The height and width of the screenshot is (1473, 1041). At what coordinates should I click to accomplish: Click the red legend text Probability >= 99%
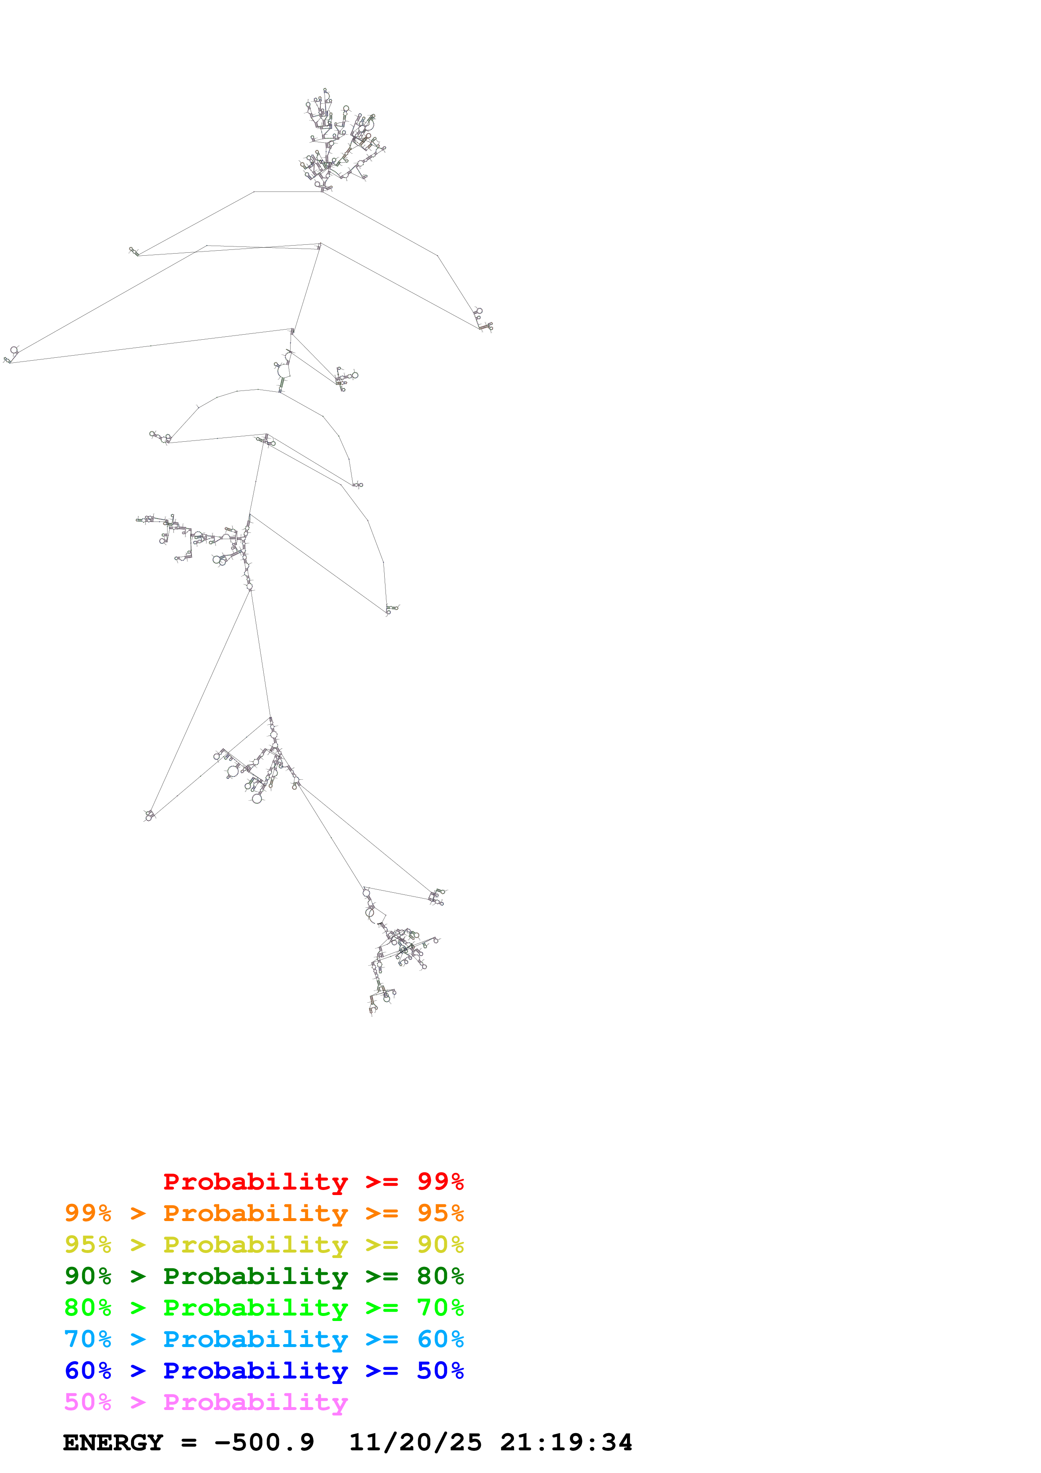tap(313, 1182)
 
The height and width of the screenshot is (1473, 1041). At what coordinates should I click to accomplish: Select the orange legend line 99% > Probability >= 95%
tap(264, 1213)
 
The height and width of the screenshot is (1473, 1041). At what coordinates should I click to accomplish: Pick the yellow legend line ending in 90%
tap(264, 1245)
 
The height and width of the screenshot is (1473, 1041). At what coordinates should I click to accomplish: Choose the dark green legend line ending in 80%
tap(264, 1276)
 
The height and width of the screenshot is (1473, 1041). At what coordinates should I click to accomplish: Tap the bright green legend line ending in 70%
tap(264, 1308)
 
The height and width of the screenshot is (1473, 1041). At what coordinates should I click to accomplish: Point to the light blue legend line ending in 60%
tap(264, 1339)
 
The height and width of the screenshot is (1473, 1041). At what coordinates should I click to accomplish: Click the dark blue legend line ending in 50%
tap(264, 1371)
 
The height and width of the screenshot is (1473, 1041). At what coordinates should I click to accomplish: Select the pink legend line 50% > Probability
tap(206, 1402)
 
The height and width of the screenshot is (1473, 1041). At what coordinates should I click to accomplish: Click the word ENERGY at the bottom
tap(113, 1442)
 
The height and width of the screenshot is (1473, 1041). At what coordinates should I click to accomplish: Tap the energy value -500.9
tap(264, 1442)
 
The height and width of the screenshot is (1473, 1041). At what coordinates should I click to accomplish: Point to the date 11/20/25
tap(415, 1442)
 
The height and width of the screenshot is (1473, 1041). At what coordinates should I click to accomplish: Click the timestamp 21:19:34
tap(566, 1442)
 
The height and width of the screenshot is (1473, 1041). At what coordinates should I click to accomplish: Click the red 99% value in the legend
tap(440, 1182)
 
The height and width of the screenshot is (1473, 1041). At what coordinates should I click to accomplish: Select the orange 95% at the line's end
tap(440, 1213)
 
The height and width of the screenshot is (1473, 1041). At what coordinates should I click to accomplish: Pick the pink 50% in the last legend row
tap(88, 1402)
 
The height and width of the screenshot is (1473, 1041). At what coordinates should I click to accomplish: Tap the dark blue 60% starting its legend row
tap(88, 1371)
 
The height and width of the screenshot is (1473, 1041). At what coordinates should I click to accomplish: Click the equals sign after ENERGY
tap(189, 1442)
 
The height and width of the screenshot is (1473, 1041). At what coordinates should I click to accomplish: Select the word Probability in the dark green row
tap(255, 1276)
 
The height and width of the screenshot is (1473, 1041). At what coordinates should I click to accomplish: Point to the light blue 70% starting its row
tap(88, 1339)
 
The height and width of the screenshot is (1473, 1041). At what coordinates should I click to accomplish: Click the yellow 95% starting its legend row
tap(88, 1245)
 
